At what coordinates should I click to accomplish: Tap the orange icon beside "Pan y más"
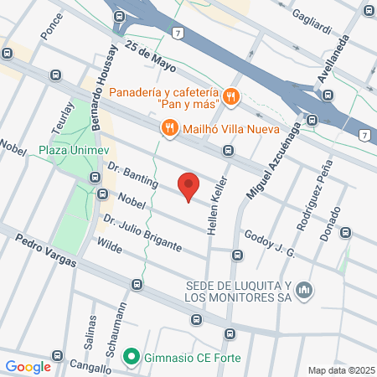click(x=231, y=97)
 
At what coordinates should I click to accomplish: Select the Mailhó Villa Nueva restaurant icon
click(x=169, y=127)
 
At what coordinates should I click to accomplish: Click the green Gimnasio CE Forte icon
click(x=131, y=358)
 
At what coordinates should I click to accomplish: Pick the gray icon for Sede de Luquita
click(x=304, y=290)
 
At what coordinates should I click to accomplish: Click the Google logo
click(x=28, y=366)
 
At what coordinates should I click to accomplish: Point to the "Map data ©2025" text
click(x=339, y=370)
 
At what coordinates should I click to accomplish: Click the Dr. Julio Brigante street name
click(x=142, y=232)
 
